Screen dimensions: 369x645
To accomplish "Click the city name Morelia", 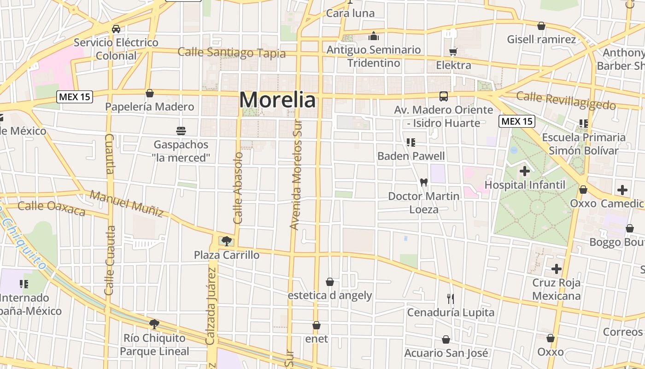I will pos(278,100).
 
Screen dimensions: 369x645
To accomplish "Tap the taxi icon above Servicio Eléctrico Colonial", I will pos(116,29).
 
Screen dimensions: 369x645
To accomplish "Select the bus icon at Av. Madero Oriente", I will pos(444,96).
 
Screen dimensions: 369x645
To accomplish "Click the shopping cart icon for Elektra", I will pos(453,52).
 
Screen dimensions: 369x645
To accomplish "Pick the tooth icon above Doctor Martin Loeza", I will pos(424,182).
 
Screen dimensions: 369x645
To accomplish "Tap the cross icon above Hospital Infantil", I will pos(524,171).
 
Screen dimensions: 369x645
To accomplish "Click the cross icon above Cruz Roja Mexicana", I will pos(557,268).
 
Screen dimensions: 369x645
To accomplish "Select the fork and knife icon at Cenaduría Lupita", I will pos(451,299).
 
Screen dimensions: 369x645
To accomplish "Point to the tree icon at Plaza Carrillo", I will pos(226,241).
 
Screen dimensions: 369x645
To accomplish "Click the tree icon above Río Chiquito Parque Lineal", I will pos(154,324).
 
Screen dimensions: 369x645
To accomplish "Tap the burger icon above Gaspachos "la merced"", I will pos(181,131).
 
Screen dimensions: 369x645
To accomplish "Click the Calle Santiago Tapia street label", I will pos(232,53).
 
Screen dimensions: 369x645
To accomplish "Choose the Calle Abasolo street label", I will pos(238,188).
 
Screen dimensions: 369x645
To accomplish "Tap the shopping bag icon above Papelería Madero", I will pos(149,94).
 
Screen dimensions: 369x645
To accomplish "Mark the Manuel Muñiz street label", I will pos(127,203).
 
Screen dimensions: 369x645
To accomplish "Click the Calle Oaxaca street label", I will pos(52,208).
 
